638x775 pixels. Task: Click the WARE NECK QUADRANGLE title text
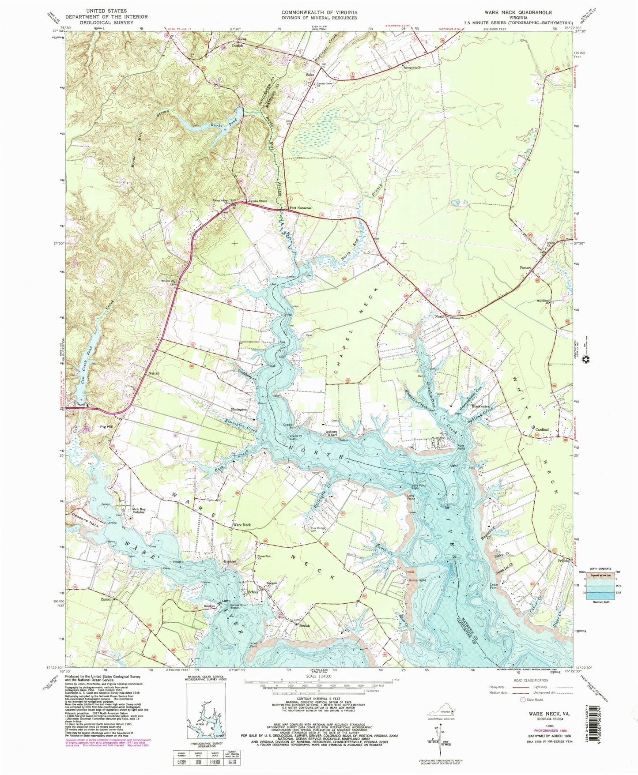pyautogui.click(x=524, y=12)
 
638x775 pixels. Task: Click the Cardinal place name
pyautogui.click(x=542, y=429)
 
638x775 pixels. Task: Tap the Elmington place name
pyautogui.click(x=239, y=409)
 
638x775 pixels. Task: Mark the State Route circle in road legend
pyautogui.click(x=523, y=700)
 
